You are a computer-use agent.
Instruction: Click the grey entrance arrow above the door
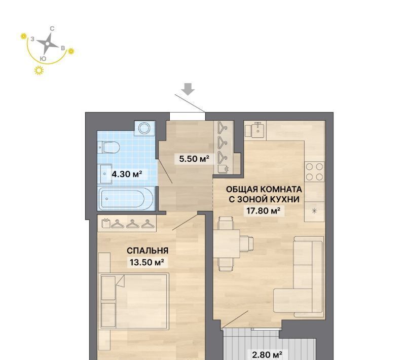click(188, 89)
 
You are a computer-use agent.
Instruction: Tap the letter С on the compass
click(52, 29)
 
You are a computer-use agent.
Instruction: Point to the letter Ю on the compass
click(44, 59)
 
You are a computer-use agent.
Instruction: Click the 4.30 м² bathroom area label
click(127, 174)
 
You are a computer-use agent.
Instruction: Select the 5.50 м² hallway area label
click(194, 158)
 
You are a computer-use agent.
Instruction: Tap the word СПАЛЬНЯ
click(148, 250)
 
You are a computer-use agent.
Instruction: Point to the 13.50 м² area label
click(146, 262)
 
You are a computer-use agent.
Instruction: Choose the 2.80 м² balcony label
click(267, 353)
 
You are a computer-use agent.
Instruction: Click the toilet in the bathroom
click(109, 148)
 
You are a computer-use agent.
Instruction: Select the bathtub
click(126, 199)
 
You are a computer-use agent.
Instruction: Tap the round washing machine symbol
click(145, 128)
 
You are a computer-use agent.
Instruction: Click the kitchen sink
click(258, 130)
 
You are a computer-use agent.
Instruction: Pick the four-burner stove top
click(315, 171)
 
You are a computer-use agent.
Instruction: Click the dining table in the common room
click(227, 243)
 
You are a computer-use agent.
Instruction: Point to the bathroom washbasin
click(105, 174)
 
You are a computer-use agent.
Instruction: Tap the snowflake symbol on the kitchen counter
click(314, 211)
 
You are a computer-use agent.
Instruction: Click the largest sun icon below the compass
click(39, 70)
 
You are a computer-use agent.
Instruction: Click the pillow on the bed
click(108, 287)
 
